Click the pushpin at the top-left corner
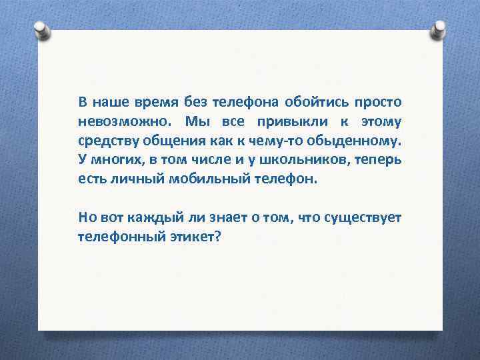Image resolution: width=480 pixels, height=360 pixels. tap(41, 29)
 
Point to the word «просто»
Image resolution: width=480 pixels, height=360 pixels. tap(379, 103)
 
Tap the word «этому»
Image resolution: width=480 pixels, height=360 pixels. tap(381, 122)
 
